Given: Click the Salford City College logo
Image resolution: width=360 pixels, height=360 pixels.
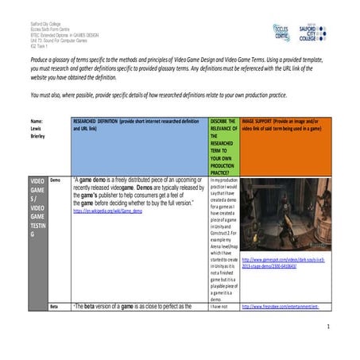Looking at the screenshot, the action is coord(326,32).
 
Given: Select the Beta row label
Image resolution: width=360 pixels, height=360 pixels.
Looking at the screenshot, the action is coord(55,306).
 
